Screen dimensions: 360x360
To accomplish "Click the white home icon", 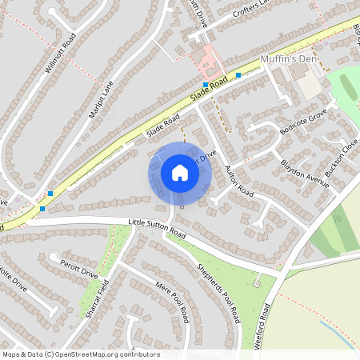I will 180,173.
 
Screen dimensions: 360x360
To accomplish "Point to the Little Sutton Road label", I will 157,229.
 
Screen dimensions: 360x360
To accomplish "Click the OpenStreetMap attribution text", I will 81,354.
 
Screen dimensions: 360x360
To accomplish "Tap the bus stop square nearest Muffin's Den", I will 238,76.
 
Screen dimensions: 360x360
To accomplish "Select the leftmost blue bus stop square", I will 42,209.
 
